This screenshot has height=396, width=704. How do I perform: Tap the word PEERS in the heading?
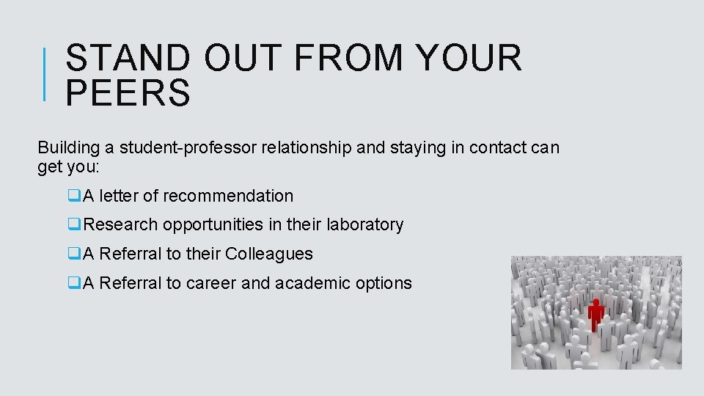tap(128, 93)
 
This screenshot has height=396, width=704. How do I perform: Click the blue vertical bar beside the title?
tap(45, 73)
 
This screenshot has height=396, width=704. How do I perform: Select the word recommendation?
tap(228, 197)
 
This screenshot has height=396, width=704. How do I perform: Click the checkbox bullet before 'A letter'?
tap(73, 196)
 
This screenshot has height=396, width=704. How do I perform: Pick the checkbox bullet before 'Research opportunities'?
tap(73, 224)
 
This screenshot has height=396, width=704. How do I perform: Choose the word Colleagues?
tap(269, 254)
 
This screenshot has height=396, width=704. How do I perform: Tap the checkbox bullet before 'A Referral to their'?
tap(73, 254)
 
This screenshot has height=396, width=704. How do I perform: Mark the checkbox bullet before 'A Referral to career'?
tap(73, 283)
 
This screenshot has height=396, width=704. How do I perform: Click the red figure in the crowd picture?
tap(595, 314)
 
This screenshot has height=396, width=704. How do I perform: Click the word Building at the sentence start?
tap(65, 148)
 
